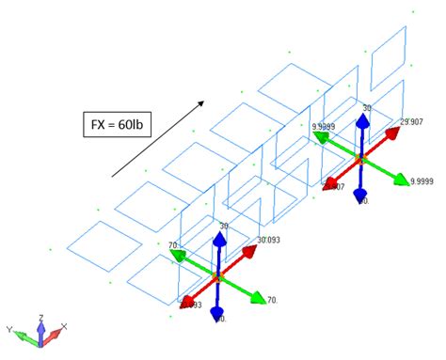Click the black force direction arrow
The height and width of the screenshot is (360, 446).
[x=156, y=135]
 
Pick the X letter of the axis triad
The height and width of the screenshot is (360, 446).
[x=63, y=327]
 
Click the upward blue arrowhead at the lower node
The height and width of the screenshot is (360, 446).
[x=218, y=240]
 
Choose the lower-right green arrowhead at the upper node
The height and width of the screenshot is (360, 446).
[x=400, y=179]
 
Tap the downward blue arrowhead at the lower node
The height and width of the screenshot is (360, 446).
[x=217, y=313]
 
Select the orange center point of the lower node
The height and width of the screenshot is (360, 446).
[x=216, y=278]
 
